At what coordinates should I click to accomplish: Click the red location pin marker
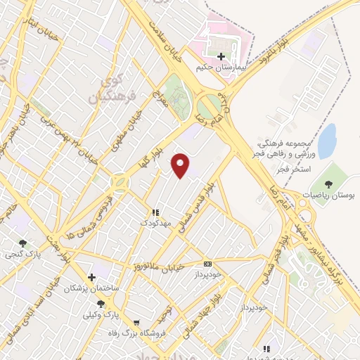(181, 166)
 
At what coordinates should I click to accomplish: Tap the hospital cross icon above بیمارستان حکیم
(221, 56)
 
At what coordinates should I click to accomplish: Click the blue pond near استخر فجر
(326, 141)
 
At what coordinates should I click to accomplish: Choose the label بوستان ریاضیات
(331, 194)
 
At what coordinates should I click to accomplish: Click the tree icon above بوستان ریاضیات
(330, 183)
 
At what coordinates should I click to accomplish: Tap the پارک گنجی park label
(22, 254)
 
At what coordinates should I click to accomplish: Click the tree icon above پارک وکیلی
(101, 304)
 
